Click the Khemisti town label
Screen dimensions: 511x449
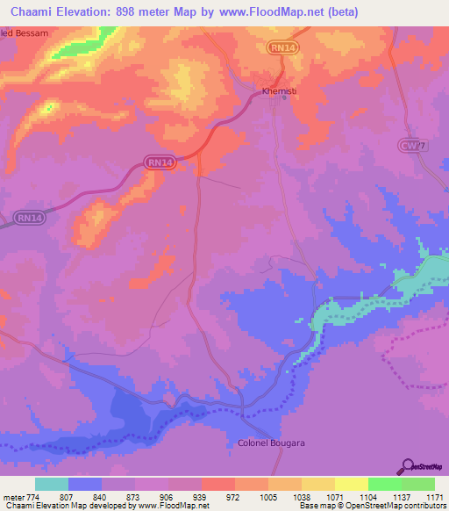(280, 90)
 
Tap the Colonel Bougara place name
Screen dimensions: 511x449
(271, 443)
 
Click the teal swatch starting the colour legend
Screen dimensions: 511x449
(52, 484)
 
